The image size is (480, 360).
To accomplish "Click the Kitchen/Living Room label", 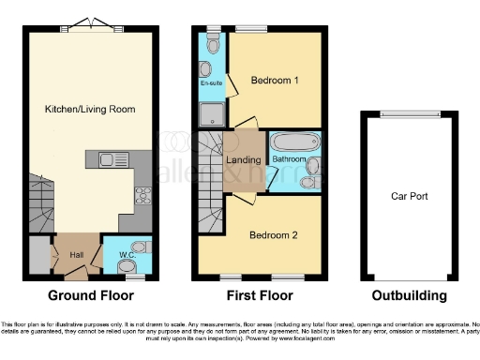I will click(x=90, y=110).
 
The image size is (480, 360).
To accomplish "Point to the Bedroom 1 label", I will click(x=275, y=81).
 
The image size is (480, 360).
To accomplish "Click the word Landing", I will click(x=244, y=160).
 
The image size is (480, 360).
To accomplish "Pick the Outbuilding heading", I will click(x=409, y=295).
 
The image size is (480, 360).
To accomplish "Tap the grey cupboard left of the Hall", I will click(x=38, y=255).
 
